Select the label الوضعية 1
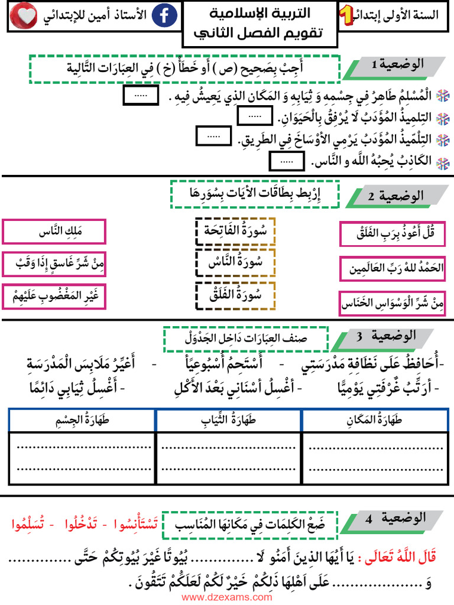pos(400,66)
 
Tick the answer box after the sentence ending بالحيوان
pos(255,117)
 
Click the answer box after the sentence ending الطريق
pos(213,136)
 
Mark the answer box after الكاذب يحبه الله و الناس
pos(286,160)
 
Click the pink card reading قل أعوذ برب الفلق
pos(393,234)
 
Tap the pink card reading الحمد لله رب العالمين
pos(393,269)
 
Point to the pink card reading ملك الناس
pos(54,232)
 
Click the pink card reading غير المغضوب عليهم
pos(54,297)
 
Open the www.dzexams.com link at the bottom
pos(227,597)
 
